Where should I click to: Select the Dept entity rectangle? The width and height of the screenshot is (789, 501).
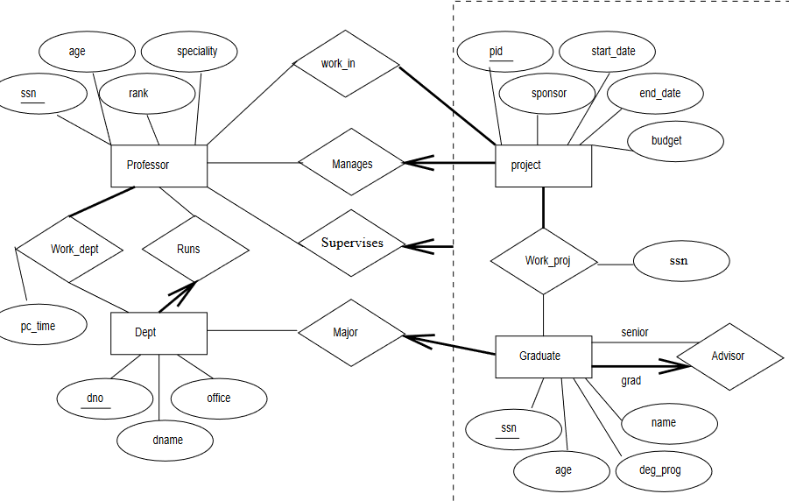(x=159, y=333)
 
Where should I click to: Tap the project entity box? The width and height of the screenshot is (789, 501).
(x=543, y=165)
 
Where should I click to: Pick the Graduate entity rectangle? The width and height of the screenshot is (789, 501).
(x=543, y=356)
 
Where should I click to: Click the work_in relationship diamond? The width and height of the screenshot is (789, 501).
(x=346, y=64)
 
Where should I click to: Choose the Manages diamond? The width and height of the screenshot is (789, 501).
(x=351, y=164)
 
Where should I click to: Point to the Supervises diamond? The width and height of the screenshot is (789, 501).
(x=351, y=243)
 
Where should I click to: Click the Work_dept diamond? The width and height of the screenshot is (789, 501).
(x=74, y=249)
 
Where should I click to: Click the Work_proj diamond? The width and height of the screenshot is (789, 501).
(x=544, y=260)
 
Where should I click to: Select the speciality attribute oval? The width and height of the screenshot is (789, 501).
(x=196, y=51)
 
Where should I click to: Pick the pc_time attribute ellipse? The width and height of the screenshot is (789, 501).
(x=39, y=326)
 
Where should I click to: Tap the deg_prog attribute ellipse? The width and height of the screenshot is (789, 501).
(x=660, y=470)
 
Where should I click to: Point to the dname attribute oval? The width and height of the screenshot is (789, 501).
(x=165, y=440)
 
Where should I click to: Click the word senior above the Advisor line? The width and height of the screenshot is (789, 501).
(x=635, y=332)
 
